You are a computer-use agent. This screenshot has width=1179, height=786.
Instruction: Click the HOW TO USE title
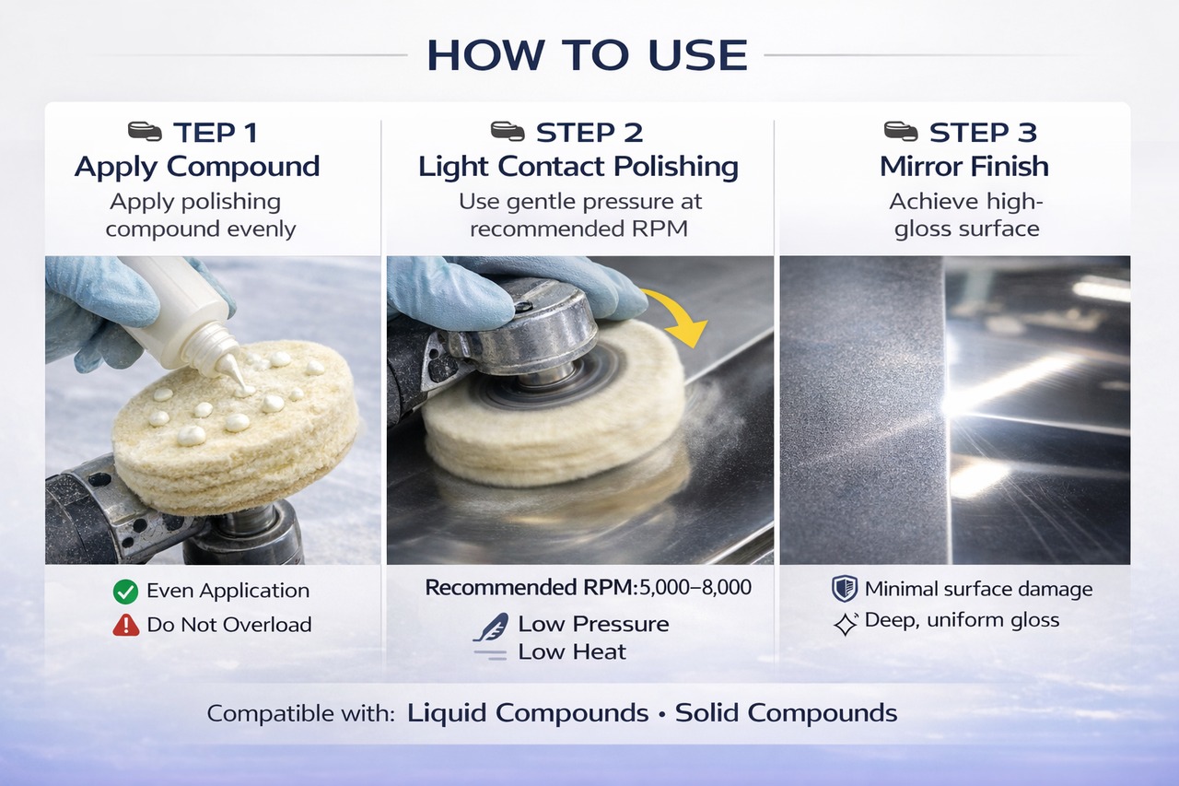587,55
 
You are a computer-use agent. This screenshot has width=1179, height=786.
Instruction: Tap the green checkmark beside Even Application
126,592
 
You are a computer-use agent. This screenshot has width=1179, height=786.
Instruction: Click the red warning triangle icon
126,626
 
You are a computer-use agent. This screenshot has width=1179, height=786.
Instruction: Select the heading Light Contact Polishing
578,168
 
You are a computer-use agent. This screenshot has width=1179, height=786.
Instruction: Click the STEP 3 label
983,132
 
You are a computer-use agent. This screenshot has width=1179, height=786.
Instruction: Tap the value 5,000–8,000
695,588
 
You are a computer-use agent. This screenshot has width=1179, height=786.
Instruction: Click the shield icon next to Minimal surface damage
845,589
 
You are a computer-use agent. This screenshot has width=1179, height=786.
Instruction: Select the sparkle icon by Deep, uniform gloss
846,624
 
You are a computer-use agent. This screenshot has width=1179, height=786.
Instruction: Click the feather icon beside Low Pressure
491,627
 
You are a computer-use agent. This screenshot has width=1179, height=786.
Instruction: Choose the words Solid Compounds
787,713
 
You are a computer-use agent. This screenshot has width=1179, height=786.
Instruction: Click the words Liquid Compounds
528,714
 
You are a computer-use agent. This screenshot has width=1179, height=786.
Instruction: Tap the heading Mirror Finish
964,167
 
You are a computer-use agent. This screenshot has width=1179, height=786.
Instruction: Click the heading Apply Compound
197,168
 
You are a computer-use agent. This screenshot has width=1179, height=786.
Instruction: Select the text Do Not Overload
229,625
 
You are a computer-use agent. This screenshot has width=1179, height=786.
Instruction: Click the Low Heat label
572,652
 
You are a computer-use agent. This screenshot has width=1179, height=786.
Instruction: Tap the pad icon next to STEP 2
508,132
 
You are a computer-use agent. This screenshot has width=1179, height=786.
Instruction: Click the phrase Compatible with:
300,714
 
